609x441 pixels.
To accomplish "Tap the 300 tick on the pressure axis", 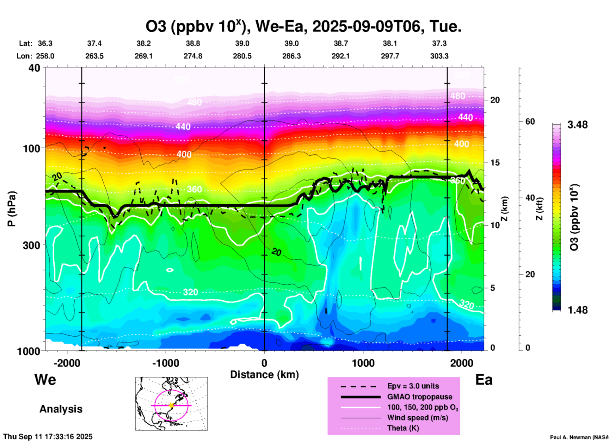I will [x=32, y=245].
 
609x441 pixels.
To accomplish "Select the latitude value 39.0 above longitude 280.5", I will [x=242, y=43].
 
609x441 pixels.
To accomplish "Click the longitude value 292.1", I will [x=341, y=56].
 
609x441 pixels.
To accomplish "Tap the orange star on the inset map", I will [x=171, y=405].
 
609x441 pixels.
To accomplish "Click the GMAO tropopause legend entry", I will [x=420, y=397].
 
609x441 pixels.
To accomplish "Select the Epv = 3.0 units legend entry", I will [x=413, y=386].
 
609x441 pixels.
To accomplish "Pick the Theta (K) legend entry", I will [x=403, y=428].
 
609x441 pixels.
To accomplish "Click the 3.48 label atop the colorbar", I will [x=577, y=125].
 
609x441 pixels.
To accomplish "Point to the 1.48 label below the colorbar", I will [x=577, y=310].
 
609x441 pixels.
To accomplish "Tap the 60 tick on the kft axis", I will [x=530, y=121].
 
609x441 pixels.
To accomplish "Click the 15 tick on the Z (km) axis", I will [x=495, y=163].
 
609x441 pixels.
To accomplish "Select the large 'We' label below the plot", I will [x=45, y=379].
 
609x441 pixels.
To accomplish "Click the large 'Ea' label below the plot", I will [x=484, y=380].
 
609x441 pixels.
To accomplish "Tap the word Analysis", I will [x=61, y=409].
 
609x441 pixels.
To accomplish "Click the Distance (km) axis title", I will [x=264, y=375].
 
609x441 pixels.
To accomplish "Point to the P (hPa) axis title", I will [x=12, y=209].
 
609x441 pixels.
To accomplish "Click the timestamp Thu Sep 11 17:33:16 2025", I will [x=48, y=437].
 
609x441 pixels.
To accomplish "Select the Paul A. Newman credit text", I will [x=579, y=437].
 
